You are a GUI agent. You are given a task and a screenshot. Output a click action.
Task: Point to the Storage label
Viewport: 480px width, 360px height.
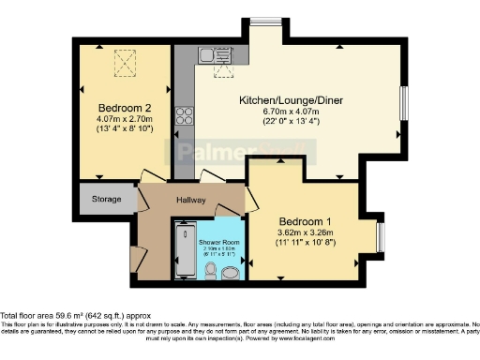tap(106, 200)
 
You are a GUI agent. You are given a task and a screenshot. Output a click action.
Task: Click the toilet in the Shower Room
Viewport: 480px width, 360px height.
tap(212, 272)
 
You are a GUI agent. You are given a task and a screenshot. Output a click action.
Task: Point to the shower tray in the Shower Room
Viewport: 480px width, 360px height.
tap(182, 250)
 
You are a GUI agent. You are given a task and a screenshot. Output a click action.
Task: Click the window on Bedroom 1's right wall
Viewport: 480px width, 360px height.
tap(380, 234)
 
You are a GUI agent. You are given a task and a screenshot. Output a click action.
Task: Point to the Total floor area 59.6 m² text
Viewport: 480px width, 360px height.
tap(74, 316)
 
